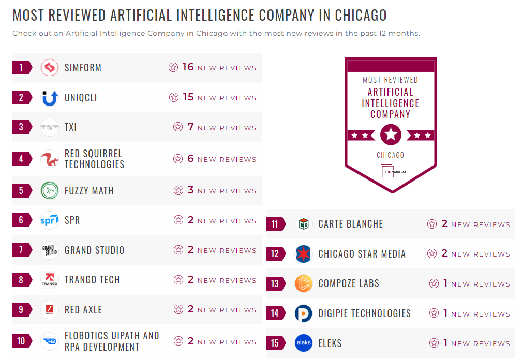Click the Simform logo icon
pos(50,68)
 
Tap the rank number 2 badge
pos(21,98)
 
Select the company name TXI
pos(71,127)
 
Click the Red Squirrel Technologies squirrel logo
pos(50,159)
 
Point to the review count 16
pos(188,67)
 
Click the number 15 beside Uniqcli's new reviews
pos(188,97)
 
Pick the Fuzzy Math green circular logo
pos(50,190)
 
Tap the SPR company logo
pos(50,220)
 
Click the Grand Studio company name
pos(94,250)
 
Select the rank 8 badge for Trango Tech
pos(21,280)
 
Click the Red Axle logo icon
pos(50,310)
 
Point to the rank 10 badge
pos(21,341)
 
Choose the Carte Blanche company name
pos(351,224)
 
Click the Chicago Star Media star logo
pos(304,254)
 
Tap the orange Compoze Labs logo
pos(304,283)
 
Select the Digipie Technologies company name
pos(364,313)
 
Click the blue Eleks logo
pos(304,343)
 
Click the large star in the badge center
pos(391,136)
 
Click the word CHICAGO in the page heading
pos(361,15)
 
